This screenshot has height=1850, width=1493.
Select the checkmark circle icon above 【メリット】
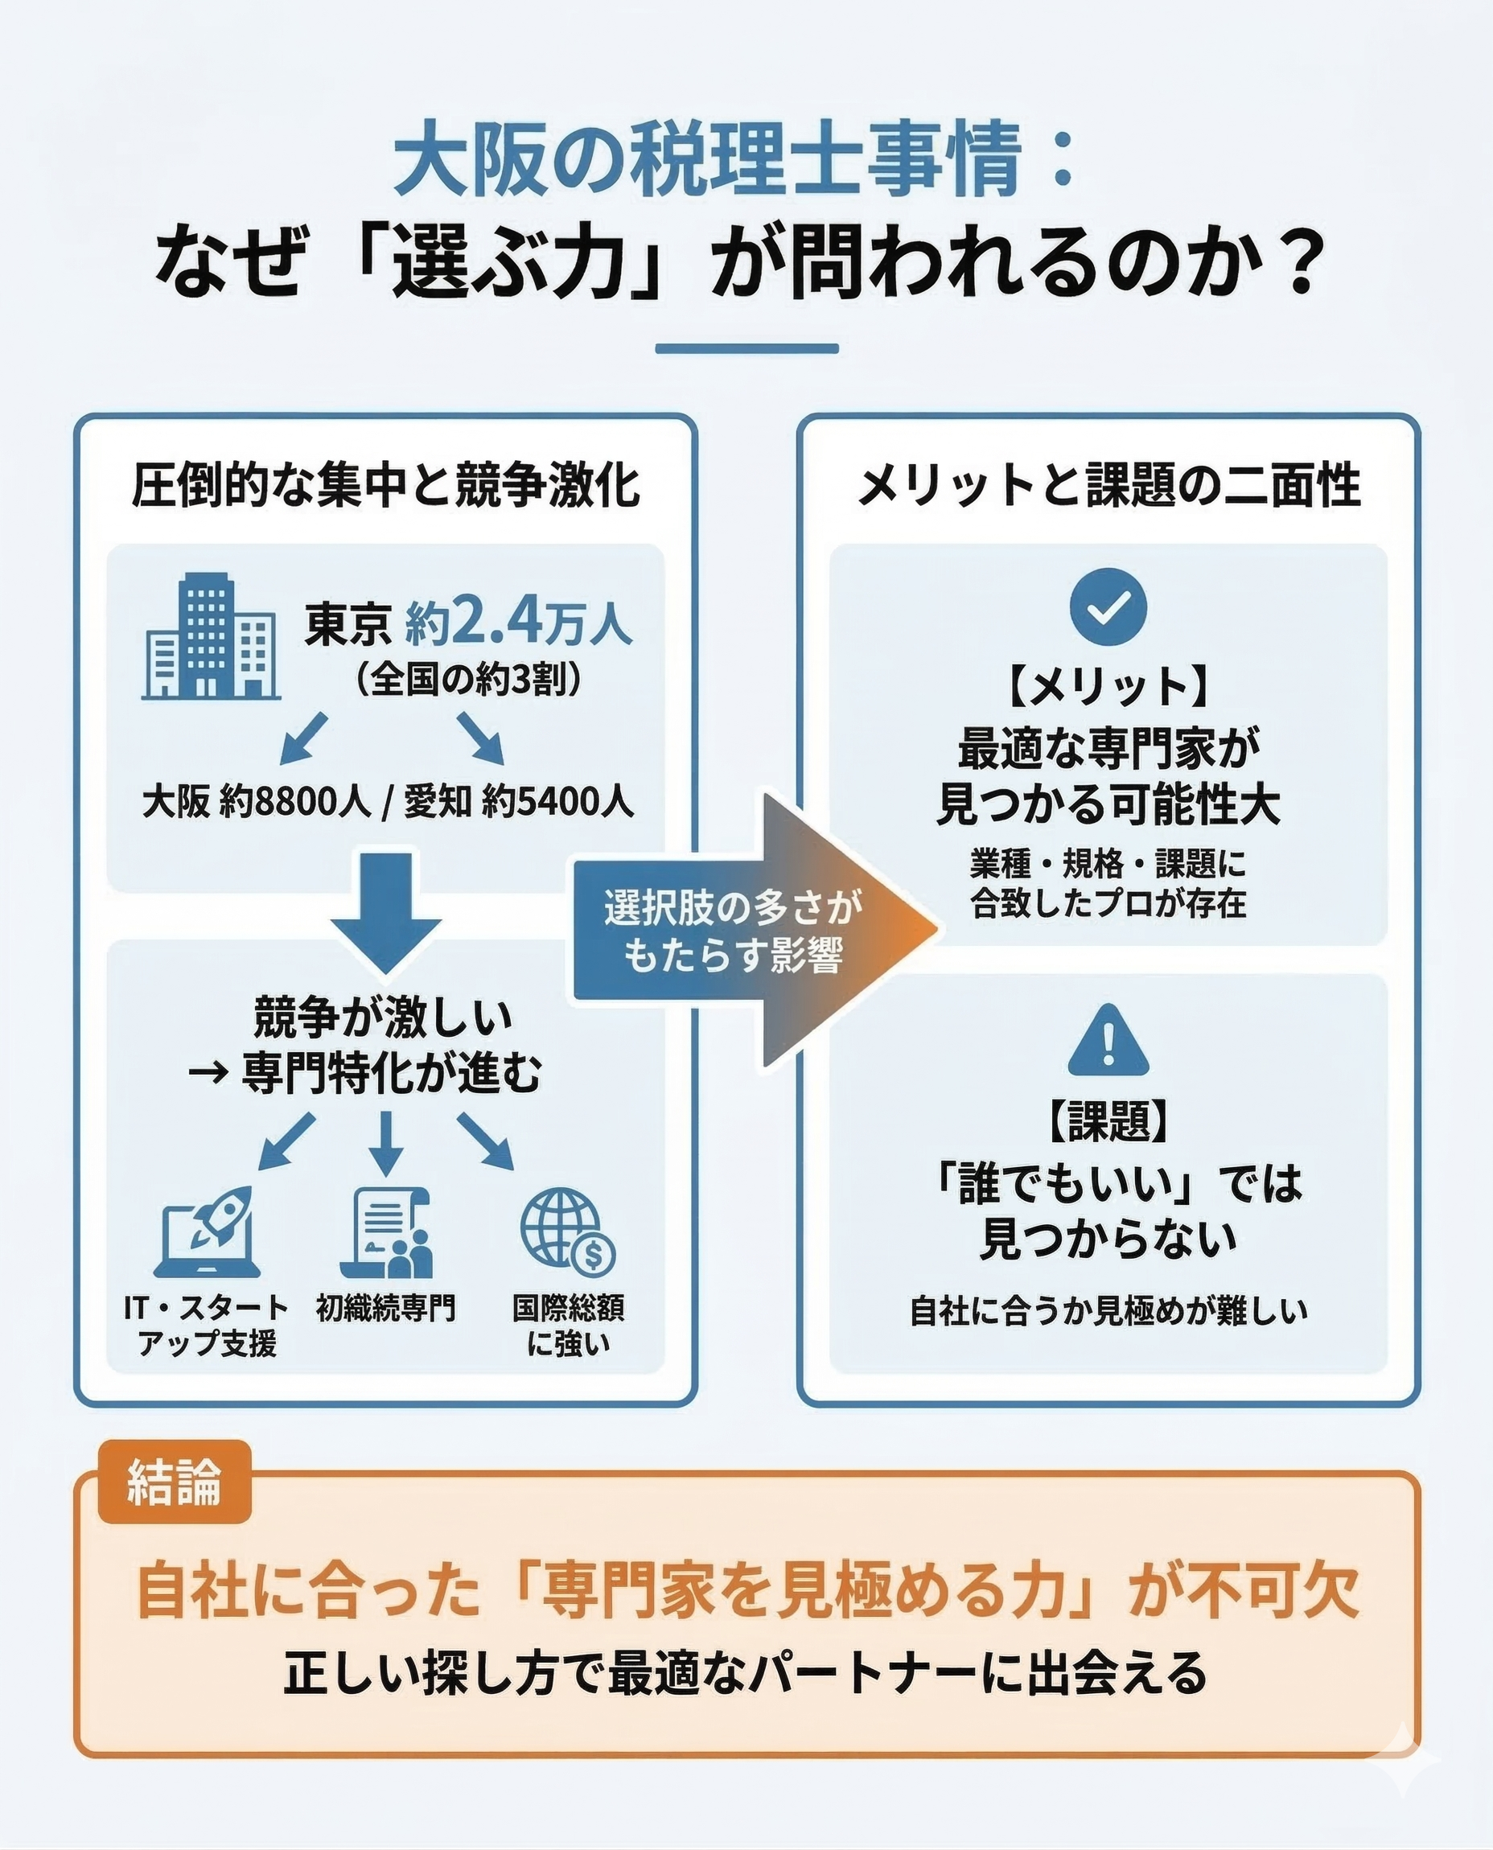[1108, 606]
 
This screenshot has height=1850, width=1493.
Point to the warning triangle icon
[1108, 1043]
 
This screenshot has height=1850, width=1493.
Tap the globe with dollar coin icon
[568, 1232]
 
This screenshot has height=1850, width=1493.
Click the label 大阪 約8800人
[256, 803]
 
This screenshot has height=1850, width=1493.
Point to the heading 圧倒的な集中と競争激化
[385, 485]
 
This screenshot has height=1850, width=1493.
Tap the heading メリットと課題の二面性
[1108, 485]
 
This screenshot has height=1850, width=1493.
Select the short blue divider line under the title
[746, 349]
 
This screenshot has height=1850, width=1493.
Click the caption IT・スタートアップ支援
[207, 1326]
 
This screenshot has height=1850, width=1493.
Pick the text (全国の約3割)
[470, 680]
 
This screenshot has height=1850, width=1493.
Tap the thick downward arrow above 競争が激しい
[386, 911]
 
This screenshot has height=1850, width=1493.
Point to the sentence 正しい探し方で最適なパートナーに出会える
[746, 1673]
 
